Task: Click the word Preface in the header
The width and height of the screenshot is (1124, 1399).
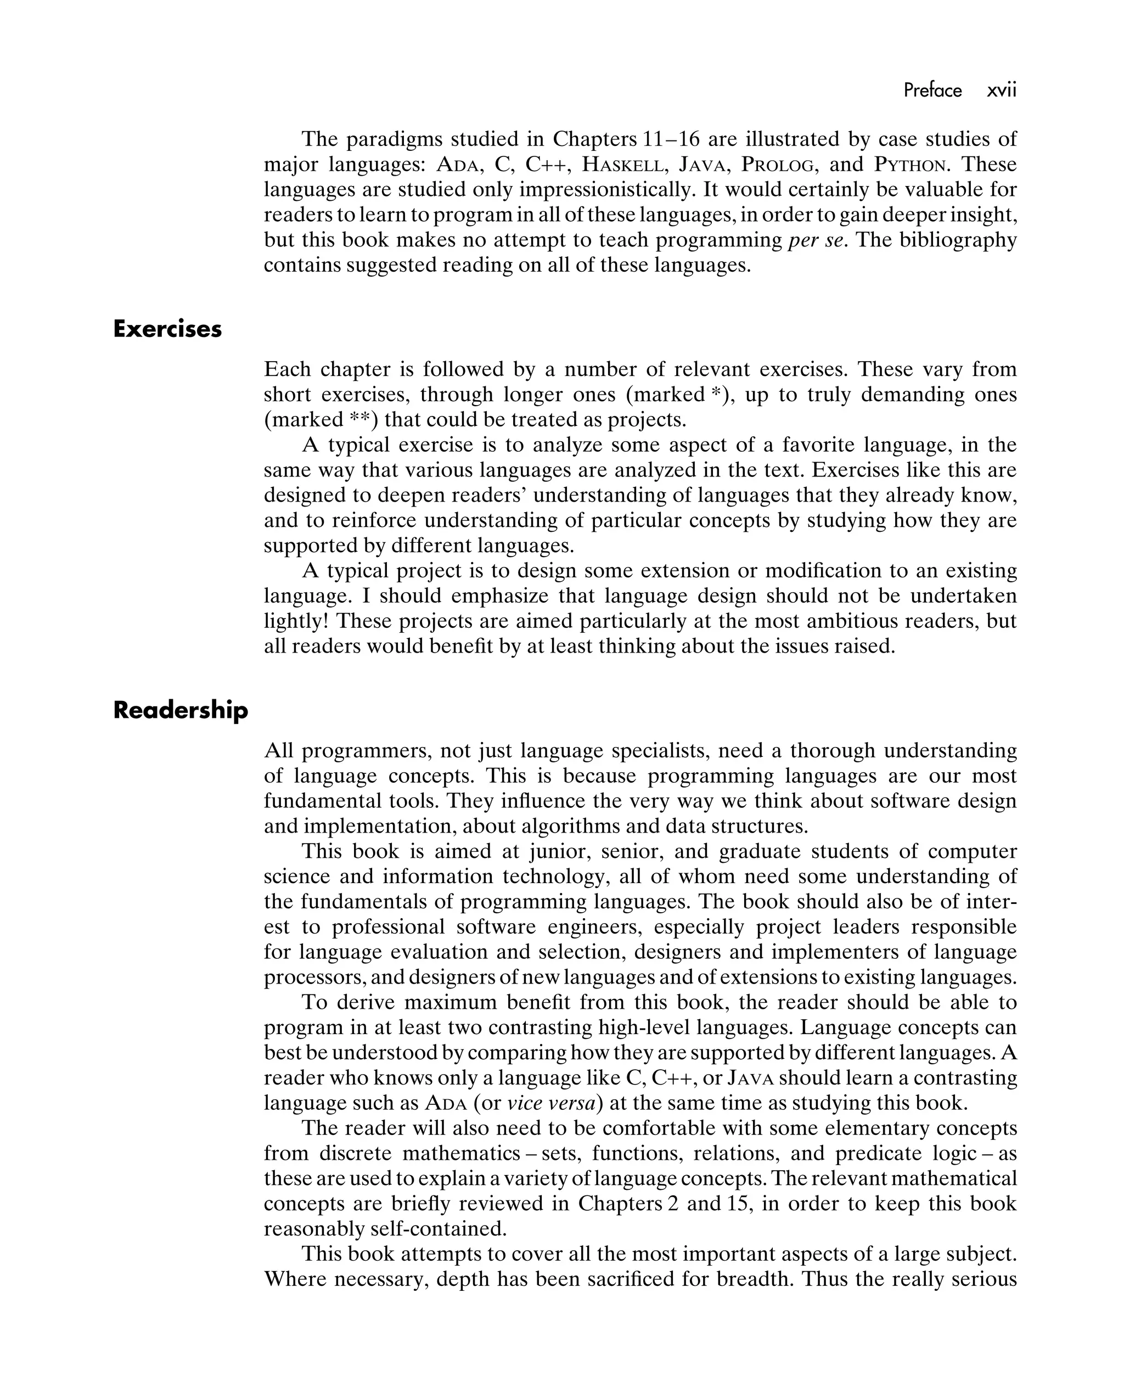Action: [x=932, y=90]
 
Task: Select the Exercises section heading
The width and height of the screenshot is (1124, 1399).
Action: [x=167, y=329]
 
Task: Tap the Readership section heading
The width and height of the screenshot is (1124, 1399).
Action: [x=181, y=711]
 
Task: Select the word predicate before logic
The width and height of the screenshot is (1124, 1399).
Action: [x=879, y=1153]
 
